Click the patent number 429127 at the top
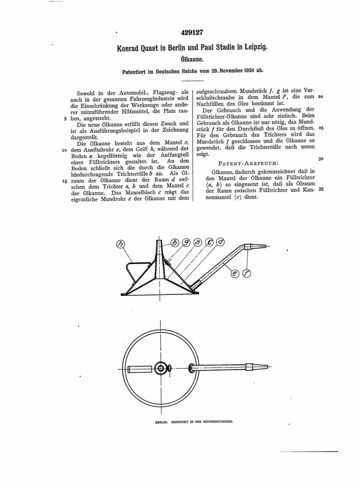click(192, 33)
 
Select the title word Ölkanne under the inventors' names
click(192, 60)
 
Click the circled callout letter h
click(121, 244)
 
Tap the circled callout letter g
click(187, 242)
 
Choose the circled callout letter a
click(198, 242)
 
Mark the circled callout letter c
click(209, 242)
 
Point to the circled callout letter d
click(220, 242)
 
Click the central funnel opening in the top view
click(161, 368)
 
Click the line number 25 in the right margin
click(321, 128)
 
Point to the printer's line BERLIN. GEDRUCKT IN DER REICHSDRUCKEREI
click(195, 421)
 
